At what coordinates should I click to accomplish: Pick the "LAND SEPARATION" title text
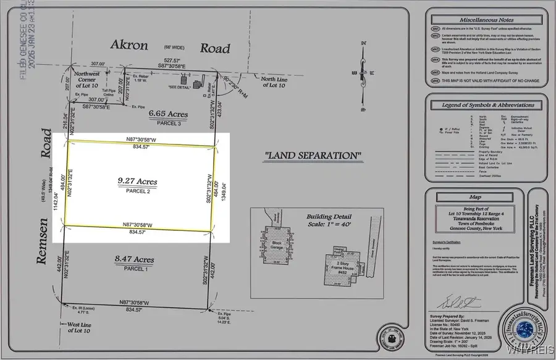313,155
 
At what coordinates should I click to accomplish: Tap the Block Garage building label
277,245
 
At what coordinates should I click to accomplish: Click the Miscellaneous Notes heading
478,21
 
